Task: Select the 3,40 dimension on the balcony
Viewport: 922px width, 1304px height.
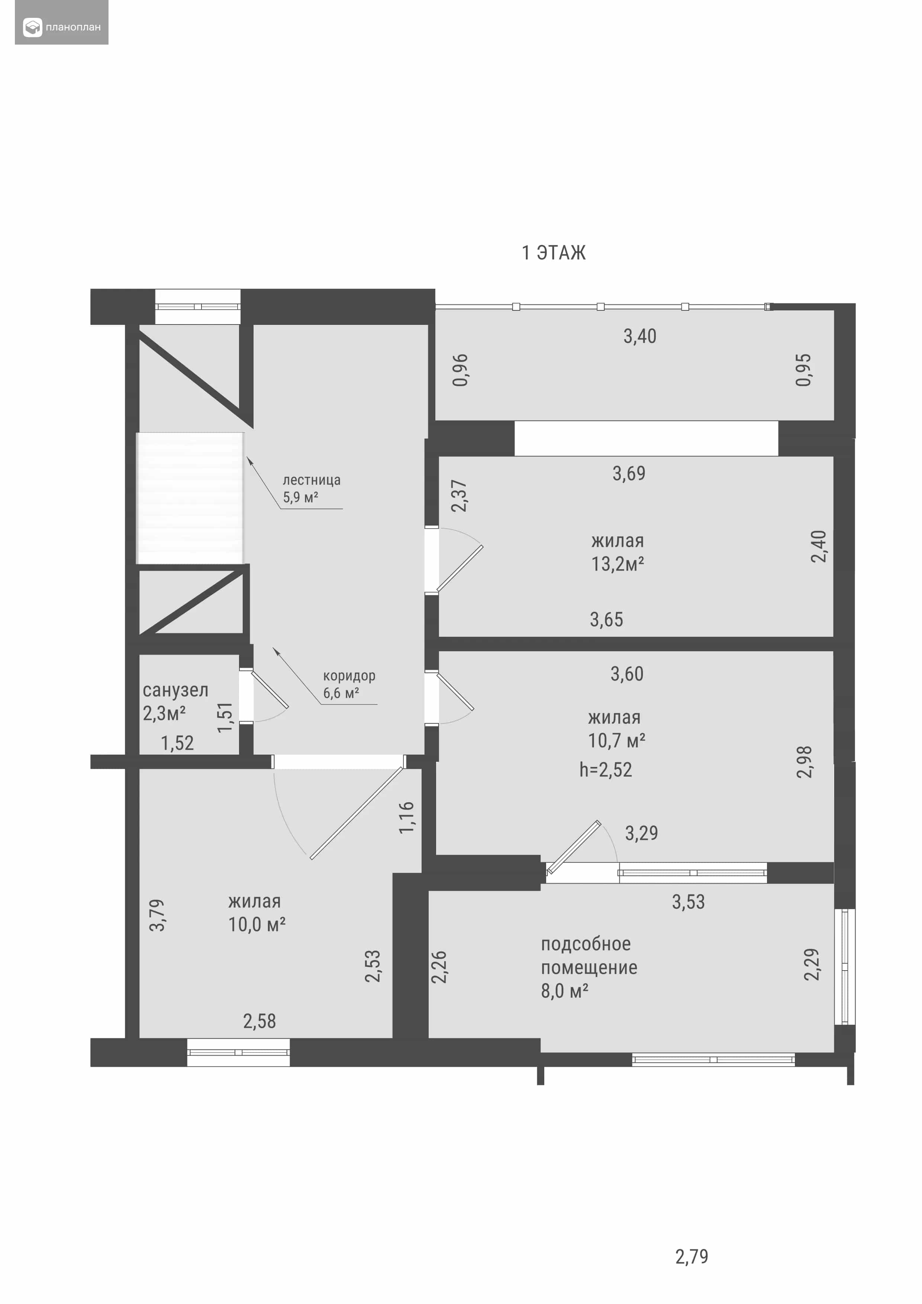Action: [x=640, y=336]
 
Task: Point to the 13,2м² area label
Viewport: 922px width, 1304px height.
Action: [x=618, y=564]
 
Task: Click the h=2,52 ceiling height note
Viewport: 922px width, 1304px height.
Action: [x=606, y=769]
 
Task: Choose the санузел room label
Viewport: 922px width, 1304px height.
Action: [x=175, y=690]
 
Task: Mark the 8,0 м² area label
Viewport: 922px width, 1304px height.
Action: [x=564, y=991]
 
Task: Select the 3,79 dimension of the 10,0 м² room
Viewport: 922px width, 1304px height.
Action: [x=157, y=915]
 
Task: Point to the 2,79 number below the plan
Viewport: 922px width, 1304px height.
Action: [x=692, y=1256]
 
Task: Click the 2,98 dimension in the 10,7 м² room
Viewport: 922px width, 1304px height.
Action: [x=805, y=762]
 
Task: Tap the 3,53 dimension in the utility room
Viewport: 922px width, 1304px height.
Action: [x=689, y=902]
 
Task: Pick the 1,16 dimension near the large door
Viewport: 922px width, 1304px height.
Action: [x=407, y=817]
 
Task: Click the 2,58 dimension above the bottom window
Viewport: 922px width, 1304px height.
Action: [x=259, y=1021]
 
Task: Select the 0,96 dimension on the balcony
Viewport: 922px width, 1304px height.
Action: [x=460, y=370]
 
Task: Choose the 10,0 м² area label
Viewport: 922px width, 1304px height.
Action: [x=257, y=924]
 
